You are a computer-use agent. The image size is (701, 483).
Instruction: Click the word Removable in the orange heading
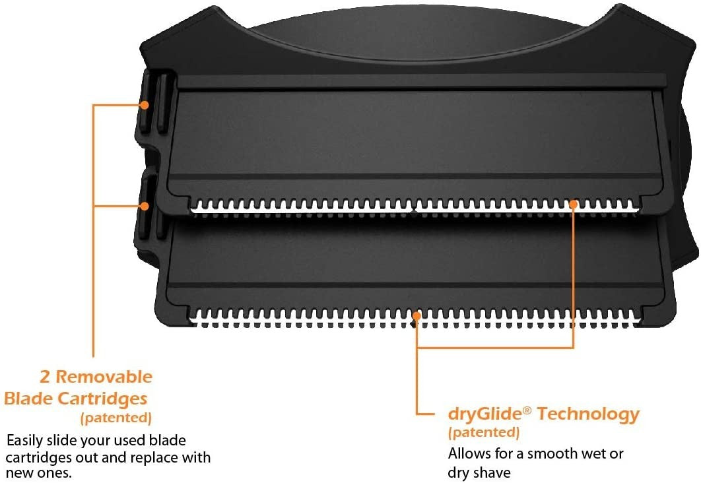pos(104,377)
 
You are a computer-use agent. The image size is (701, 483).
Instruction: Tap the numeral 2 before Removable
pos(44,377)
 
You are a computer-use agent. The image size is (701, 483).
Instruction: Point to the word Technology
pos(588,414)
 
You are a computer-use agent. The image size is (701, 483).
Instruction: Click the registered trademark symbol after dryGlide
pos(527,410)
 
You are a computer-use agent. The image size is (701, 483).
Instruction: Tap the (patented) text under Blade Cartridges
pos(116,418)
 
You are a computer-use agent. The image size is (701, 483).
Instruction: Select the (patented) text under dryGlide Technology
pos(484,432)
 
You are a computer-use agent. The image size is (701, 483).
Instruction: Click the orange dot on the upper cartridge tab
pos(144,105)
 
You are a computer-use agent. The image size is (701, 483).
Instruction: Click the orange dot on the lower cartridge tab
pos(144,206)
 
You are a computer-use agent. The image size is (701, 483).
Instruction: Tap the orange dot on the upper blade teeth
pos(574,204)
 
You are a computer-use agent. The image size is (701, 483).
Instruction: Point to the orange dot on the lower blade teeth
pos(417,315)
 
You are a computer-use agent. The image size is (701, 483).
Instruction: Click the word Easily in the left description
pos(25,441)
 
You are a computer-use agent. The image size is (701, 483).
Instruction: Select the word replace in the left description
pos(154,457)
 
